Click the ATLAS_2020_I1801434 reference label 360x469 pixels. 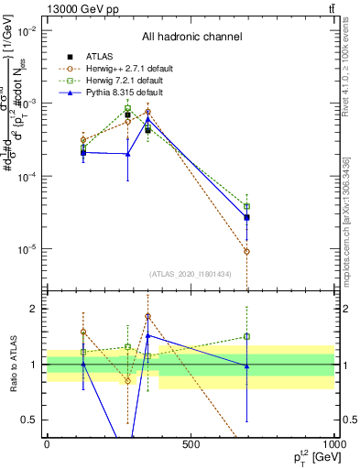point(191,274)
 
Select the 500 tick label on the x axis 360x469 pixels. point(191,444)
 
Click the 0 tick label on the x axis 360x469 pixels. point(47,444)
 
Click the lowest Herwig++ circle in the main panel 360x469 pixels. point(247,251)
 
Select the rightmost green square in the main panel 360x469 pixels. point(247,207)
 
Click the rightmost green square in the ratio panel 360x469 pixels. point(247,336)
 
